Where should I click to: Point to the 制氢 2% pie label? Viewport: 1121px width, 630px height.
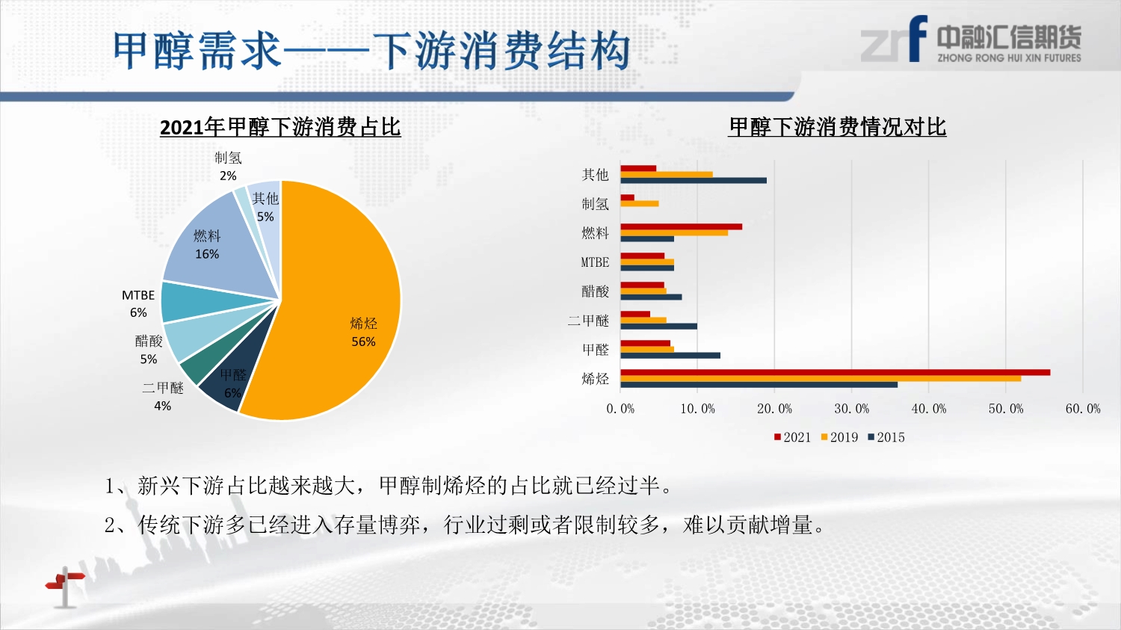click(228, 167)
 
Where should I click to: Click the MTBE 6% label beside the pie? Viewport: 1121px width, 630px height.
click(138, 303)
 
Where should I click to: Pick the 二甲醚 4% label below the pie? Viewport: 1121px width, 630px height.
click(163, 396)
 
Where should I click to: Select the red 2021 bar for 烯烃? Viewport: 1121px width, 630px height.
click(836, 372)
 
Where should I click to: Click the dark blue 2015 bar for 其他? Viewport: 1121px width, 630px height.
click(694, 180)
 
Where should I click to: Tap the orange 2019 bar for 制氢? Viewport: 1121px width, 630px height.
click(640, 204)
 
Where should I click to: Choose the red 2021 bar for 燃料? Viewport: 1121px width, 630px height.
click(681, 226)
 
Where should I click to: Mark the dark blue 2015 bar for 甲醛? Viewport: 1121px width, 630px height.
click(670, 355)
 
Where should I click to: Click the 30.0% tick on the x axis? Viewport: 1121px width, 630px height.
click(852, 409)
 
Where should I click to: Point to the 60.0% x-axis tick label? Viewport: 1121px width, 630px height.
click(1083, 409)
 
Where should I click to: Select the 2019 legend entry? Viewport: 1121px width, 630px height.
click(840, 437)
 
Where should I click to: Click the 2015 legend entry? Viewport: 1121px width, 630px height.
click(886, 437)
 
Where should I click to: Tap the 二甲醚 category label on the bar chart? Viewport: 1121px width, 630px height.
click(589, 321)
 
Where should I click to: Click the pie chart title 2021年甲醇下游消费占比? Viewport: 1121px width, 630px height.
click(280, 127)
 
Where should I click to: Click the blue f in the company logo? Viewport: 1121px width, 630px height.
click(918, 38)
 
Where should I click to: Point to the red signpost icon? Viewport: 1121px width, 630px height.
click(65, 587)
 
